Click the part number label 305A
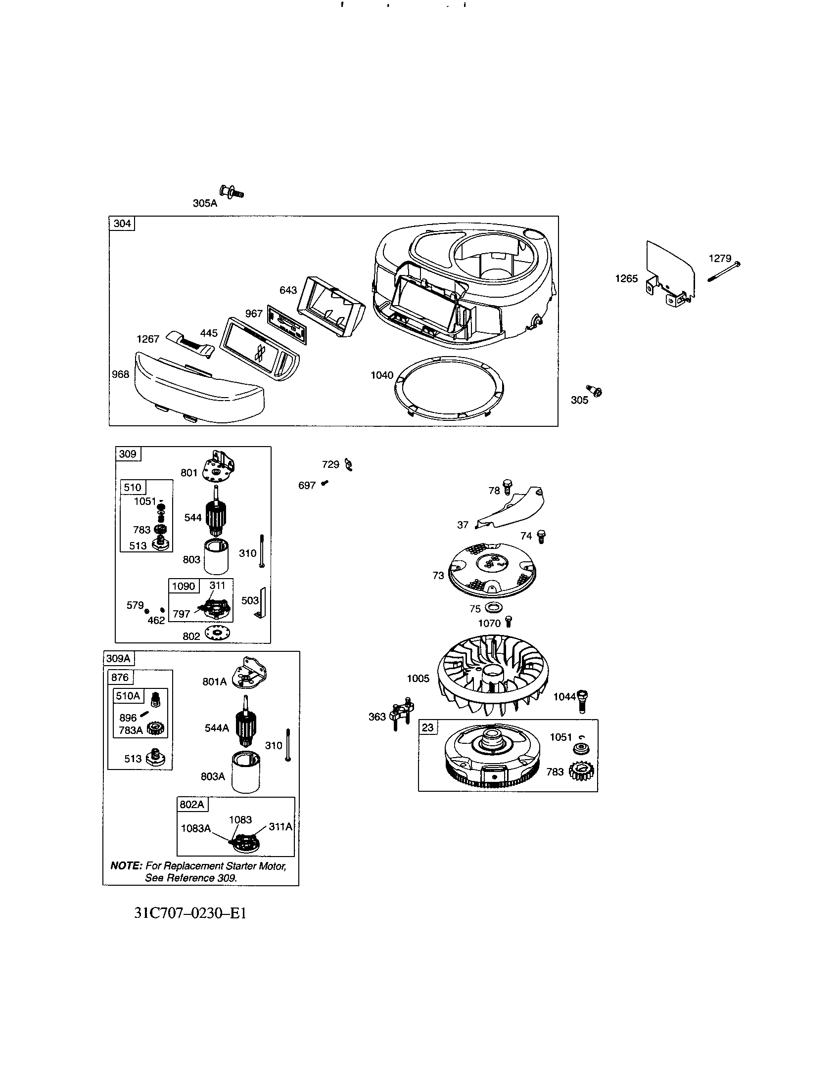(x=205, y=203)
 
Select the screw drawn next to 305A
(x=231, y=192)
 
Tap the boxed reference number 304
(x=122, y=224)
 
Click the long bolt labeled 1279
(x=723, y=272)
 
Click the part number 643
(x=288, y=290)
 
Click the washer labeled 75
(x=494, y=608)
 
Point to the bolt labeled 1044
(x=583, y=701)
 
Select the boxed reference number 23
(x=427, y=728)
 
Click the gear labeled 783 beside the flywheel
(x=580, y=771)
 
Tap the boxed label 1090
(x=184, y=587)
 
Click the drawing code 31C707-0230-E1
(x=190, y=913)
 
